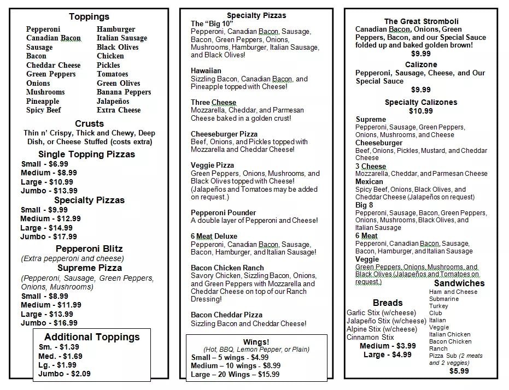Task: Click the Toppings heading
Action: point(89,17)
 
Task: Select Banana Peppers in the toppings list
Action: point(124,92)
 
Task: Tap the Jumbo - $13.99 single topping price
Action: point(49,191)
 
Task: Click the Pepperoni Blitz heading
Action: point(89,249)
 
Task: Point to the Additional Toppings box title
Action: point(92,337)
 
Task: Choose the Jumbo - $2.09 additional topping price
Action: point(65,374)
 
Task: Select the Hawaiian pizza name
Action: point(206,71)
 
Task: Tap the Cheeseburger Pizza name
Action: point(224,134)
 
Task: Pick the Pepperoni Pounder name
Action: point(223,212)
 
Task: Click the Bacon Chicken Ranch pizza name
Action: point(227,268)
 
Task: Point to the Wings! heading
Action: point(256,342)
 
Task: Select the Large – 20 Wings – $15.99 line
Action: point(235,374)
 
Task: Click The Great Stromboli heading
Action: point(422,21)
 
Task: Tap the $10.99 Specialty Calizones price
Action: point(421,111)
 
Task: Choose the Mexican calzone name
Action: point(370,181)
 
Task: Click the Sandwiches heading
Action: point(459,283)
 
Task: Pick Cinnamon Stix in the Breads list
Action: point(370,337)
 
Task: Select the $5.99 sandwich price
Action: point(459,371)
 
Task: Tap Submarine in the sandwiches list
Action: point(444,299)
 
